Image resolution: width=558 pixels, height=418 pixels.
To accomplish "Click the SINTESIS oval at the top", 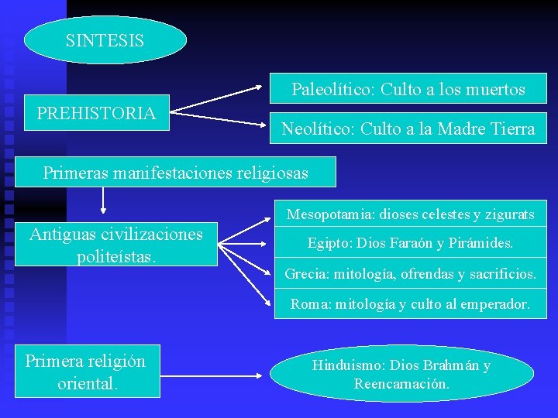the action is coord(105,40).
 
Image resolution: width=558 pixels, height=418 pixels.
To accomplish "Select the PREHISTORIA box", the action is coord(96,113).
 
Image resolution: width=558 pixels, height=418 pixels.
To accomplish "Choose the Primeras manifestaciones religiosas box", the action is coord(176,173).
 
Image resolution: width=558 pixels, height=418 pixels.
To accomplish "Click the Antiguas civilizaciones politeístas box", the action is coord(116,244).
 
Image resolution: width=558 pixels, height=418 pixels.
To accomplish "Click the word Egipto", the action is coord(328,243).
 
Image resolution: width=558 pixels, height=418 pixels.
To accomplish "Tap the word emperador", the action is coord(494,304).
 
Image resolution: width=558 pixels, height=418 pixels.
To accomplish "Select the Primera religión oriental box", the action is coord(85,372).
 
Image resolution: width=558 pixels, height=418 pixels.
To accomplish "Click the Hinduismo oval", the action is coord(401,374).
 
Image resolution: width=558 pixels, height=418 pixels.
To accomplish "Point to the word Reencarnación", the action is coord(401,384).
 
